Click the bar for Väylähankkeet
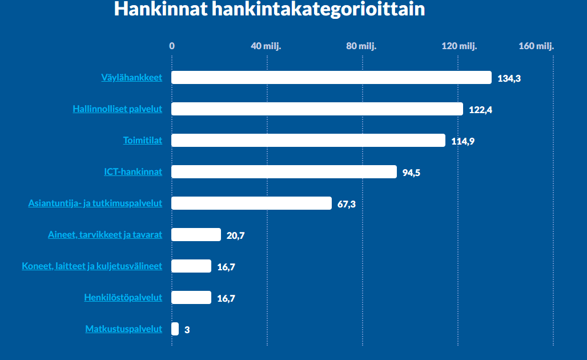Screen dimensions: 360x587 click(331, 78)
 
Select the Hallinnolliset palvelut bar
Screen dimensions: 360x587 click(317, 109)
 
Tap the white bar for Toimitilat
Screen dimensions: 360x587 click(308, 141)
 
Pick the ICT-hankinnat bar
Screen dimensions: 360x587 click(284, 172)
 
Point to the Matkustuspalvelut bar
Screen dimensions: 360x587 click(175, 329)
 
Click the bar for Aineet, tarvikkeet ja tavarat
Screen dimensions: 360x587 click(196, 235)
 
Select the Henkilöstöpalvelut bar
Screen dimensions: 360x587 click(191, 298)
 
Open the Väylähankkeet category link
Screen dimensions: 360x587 click(131, 78)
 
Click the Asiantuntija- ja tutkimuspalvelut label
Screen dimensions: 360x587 click(95, 203)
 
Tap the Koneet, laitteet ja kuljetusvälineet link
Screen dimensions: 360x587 click(92, 266)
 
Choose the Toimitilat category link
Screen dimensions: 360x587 click(143, 141)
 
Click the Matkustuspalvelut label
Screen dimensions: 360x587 click(124, 329)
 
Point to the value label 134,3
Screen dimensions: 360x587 click(509, 79)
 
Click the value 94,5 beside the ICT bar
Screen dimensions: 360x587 click(411, 173)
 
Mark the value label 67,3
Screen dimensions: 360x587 click(347, 205)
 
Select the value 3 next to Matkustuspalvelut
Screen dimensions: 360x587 click(187, 330)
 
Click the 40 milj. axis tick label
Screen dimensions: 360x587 click(266, 46)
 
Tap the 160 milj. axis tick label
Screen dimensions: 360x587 click(536, 46)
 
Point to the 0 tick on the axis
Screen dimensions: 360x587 click(172, 46)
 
